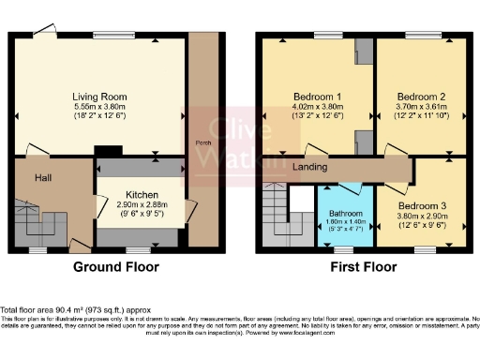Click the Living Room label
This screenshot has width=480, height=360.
click(x=100, y=97)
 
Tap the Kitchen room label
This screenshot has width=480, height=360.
click(x=128, y=193)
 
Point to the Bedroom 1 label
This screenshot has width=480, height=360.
click(x=319, y=97)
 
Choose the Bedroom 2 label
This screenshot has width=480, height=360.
click(x=419, y=97)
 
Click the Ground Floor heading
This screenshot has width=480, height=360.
click(x=115, y=266)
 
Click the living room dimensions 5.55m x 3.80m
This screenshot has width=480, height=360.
click(x=100, y=108)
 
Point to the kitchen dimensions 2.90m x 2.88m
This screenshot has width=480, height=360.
click(x=128, y=204)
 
